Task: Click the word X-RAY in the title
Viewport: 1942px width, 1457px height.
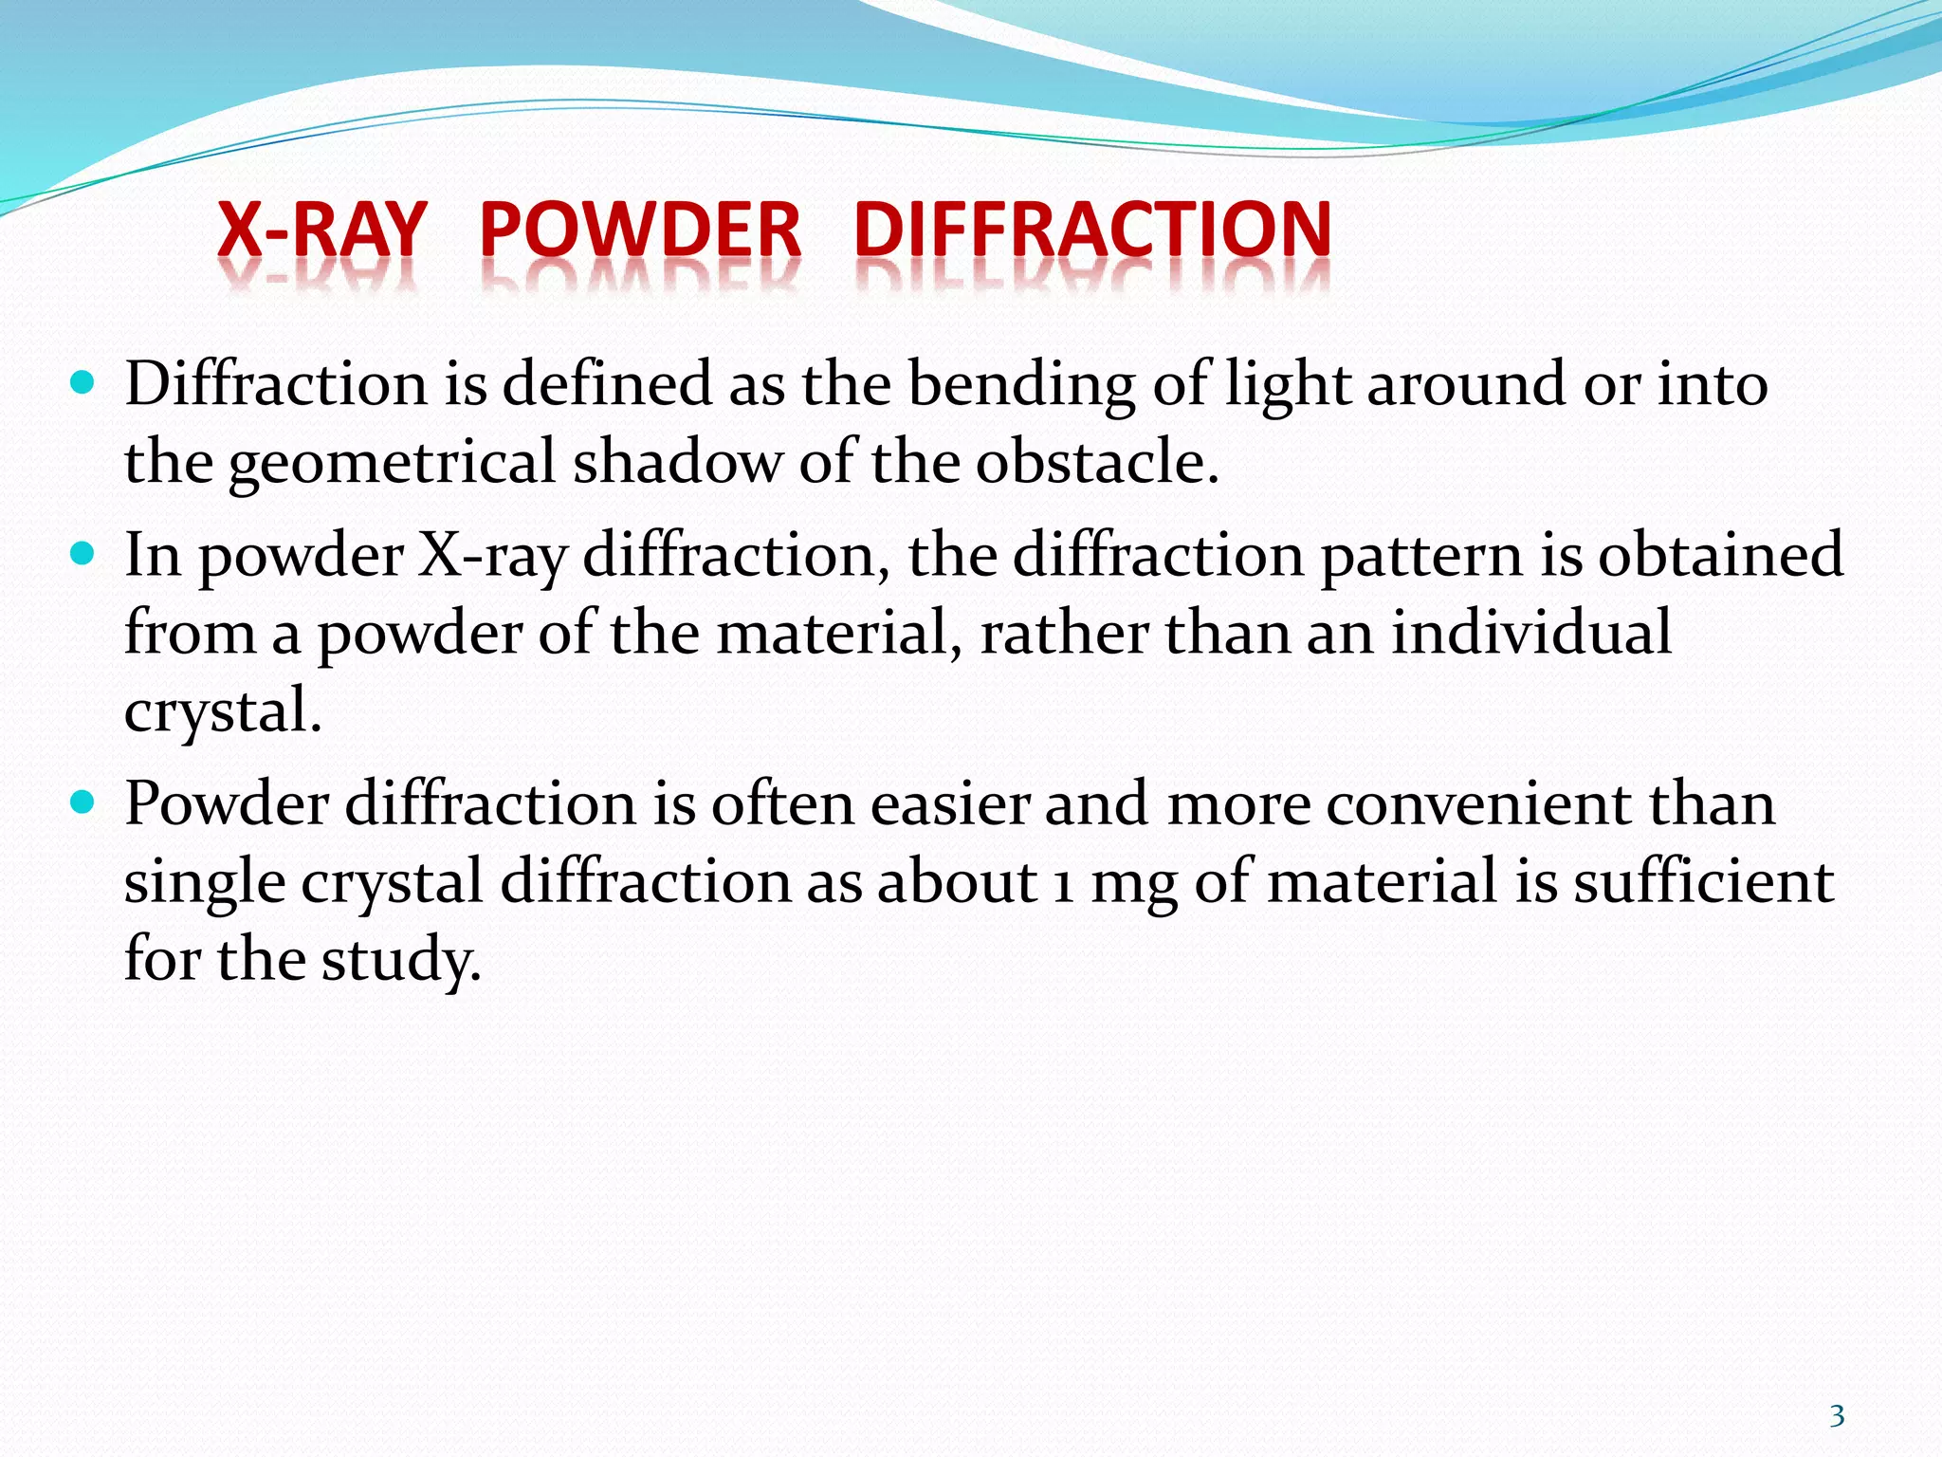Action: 321,230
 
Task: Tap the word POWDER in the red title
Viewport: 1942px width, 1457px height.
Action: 640,230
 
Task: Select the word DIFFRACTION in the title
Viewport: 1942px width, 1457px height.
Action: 1092,230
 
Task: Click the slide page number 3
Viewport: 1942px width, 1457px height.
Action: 1837,1415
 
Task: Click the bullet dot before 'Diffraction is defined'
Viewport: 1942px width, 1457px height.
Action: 83,382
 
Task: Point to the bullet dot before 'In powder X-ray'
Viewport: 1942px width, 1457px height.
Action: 83,553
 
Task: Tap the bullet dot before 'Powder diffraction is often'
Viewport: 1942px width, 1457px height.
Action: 83,802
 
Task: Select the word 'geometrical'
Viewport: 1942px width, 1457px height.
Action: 392,463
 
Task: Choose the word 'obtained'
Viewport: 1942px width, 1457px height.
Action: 1721,556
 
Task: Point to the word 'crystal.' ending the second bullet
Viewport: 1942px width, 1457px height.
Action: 223,711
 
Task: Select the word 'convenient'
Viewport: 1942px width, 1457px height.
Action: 1478,804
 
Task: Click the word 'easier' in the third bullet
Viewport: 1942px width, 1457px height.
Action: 949,804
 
